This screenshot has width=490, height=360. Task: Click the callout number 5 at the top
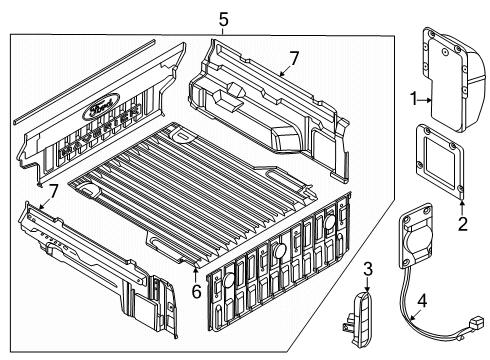(223, 18)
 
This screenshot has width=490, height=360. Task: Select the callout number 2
(462, 224)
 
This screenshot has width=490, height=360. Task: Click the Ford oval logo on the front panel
(103, 106)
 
